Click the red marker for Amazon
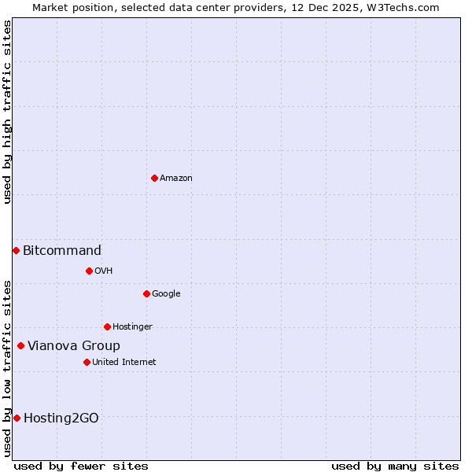tap(154, 178)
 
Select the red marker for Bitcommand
tap(16, 250)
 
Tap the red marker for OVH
tap(89, 271)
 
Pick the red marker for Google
tap(146, 293)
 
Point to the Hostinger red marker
tap(107, 326)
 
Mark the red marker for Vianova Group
tap(20, 345)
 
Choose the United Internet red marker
tap(87, 362)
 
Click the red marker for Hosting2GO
tap(17, 418)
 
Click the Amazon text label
tap(176, 179)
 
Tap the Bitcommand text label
tap(62, 251)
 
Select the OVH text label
tap(104, 271)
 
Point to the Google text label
tap(166, 294)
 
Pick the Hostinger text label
tap(132, 327)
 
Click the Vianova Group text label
tap(74, 346)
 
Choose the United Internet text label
tap(124, 363)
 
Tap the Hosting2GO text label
tap(61, 419)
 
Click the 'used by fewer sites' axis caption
tap(81, 466)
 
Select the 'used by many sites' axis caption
tap(395, 466)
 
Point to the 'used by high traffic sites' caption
tap(7, 112)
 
